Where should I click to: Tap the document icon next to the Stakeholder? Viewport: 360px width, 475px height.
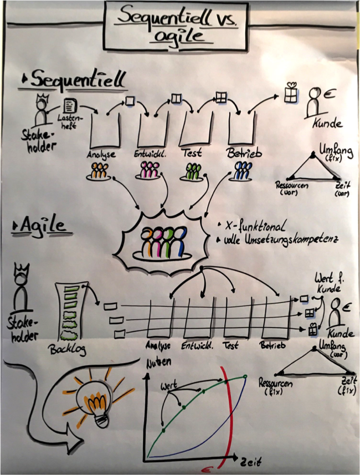70,106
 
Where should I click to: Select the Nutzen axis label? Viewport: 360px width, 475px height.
158,363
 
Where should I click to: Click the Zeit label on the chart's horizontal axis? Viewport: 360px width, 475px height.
251,462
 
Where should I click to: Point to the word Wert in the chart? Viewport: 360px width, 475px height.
168,386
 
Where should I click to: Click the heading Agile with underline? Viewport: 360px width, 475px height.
42,226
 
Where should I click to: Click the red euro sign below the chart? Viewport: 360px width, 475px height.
208,469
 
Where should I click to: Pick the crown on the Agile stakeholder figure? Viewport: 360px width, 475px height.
22,269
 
